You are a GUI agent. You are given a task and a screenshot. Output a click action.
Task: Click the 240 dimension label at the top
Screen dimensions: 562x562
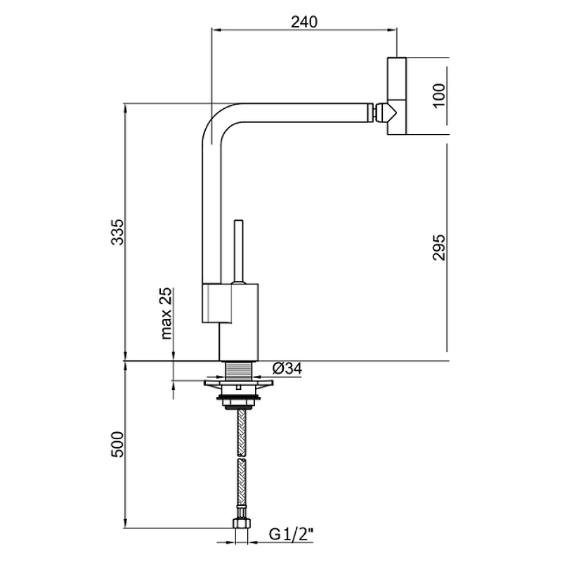click(304, 22)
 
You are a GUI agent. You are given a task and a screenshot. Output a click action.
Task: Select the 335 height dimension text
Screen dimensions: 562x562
click(117, 232)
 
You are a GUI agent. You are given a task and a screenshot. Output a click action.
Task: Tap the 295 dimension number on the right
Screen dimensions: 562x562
click(439, 247)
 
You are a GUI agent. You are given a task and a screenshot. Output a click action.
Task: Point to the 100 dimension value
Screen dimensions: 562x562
click(439, 96)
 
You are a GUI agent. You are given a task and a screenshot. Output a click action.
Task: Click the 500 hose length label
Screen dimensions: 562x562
click(117, 445)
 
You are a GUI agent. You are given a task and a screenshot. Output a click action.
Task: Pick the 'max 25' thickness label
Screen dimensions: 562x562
click(166, 313)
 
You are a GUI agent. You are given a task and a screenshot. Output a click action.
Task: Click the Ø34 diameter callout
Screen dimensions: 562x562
click(287, 368)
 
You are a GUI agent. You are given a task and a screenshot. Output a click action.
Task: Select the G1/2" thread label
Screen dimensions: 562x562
click(291, 535)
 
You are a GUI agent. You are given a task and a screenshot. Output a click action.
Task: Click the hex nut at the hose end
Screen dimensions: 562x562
click(242, 523)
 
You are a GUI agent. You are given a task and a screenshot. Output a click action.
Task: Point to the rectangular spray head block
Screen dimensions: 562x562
click(396, 96)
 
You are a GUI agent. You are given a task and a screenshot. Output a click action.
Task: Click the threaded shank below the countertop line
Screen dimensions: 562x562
click(240, 371)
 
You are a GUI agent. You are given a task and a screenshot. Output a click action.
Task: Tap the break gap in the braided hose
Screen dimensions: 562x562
click(242, 458)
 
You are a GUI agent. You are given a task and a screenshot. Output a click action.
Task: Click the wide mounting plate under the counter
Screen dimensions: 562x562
click(238, 383)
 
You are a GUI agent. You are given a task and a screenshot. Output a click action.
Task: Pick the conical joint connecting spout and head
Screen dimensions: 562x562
click(385, 112)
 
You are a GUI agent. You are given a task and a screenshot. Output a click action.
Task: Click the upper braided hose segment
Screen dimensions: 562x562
click(242, 432)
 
